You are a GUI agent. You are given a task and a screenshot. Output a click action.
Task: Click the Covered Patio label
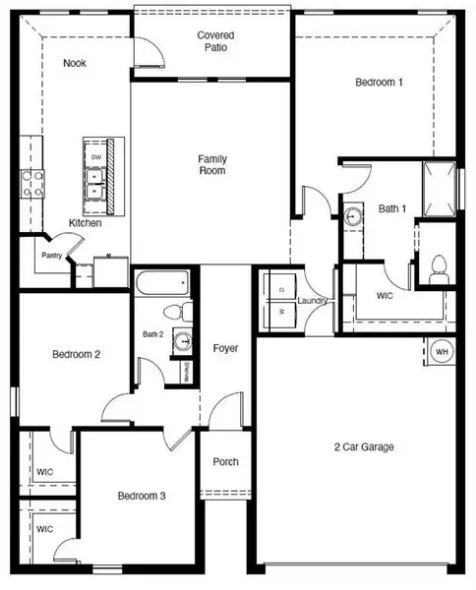[x=214, y=40]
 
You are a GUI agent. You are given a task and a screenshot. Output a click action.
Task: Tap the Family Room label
[x=212, y=164]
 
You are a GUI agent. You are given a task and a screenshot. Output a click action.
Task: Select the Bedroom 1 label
[x=379, y=84]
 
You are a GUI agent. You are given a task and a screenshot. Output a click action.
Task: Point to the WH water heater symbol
[x=442, y=351]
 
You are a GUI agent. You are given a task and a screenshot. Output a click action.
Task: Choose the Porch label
[x=225, y=462]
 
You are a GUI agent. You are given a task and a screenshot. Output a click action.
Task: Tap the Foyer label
[x=226, y=349]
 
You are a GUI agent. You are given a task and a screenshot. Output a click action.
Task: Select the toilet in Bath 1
[x=440, y=265]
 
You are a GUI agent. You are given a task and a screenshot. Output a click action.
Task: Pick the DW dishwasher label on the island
[x=95, y=157]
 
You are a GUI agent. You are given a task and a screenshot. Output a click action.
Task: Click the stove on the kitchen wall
[x=28, y=184]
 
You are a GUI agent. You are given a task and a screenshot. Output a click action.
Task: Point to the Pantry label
[x=52, y=256]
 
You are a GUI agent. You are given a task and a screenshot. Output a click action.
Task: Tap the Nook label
[x=75, y=64]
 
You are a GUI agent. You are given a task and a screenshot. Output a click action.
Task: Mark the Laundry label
[x=312, y=301]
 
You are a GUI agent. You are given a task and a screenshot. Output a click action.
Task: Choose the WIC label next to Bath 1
[x=386, y=295]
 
